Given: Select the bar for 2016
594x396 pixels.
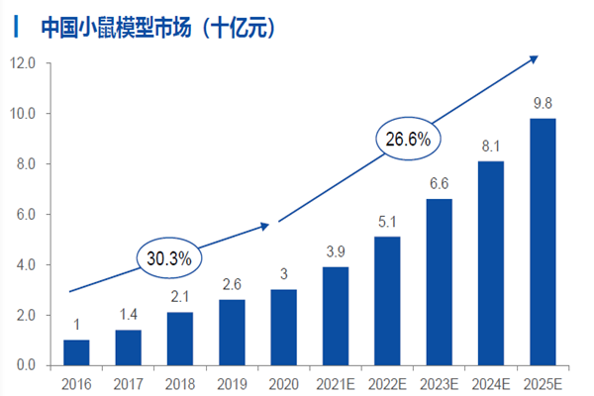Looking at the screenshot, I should tap(76, 352).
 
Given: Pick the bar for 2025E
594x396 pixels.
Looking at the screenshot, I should tap(543, 242).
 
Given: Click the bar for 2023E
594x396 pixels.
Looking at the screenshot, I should tap(439, 282).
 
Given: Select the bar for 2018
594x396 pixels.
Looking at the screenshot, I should tap(180, 339).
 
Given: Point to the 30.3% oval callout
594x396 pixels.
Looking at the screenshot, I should tap(169, 257).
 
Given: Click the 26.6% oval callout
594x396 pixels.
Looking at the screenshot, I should tap(407, 140).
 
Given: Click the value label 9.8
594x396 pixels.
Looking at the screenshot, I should tap(543, 104).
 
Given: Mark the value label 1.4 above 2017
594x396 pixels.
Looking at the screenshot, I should tap(128, 315).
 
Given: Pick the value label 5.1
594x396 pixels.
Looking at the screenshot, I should tap(387, 222).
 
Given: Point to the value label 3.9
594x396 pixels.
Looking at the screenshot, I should tap(335, 252).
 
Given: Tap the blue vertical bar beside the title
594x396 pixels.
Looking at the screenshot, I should tap(14, 27).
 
